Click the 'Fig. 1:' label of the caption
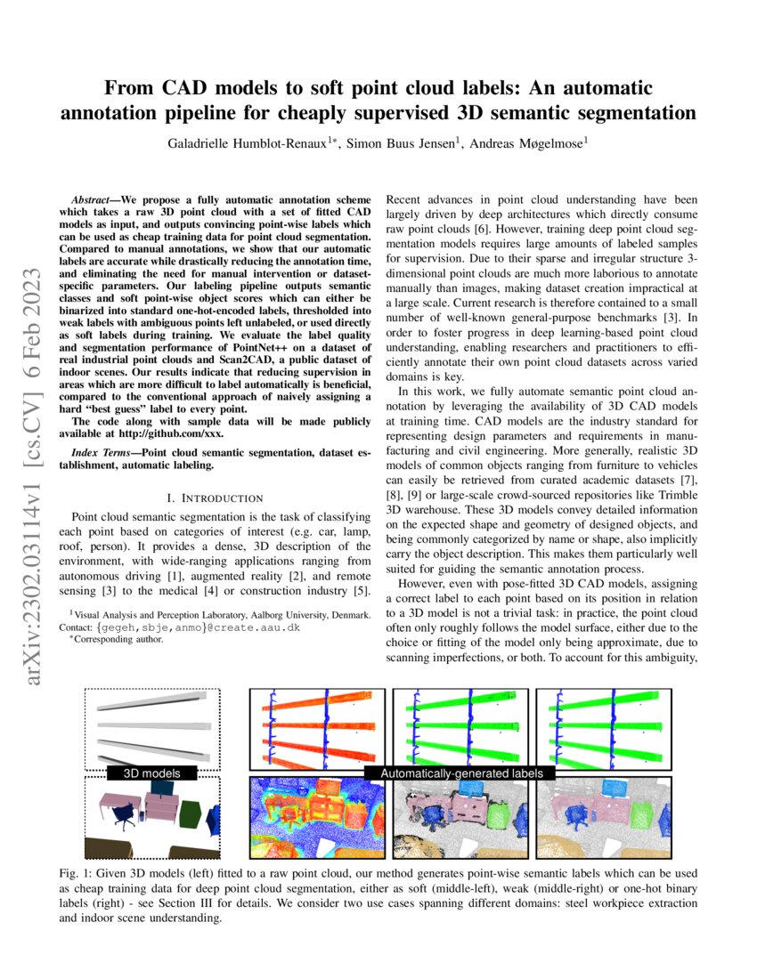pyautogui.click(x=101, y=873)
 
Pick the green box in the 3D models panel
pyautogui.click(x=191, y=813)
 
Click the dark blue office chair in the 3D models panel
pyautogui.click(x=124, y=813)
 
